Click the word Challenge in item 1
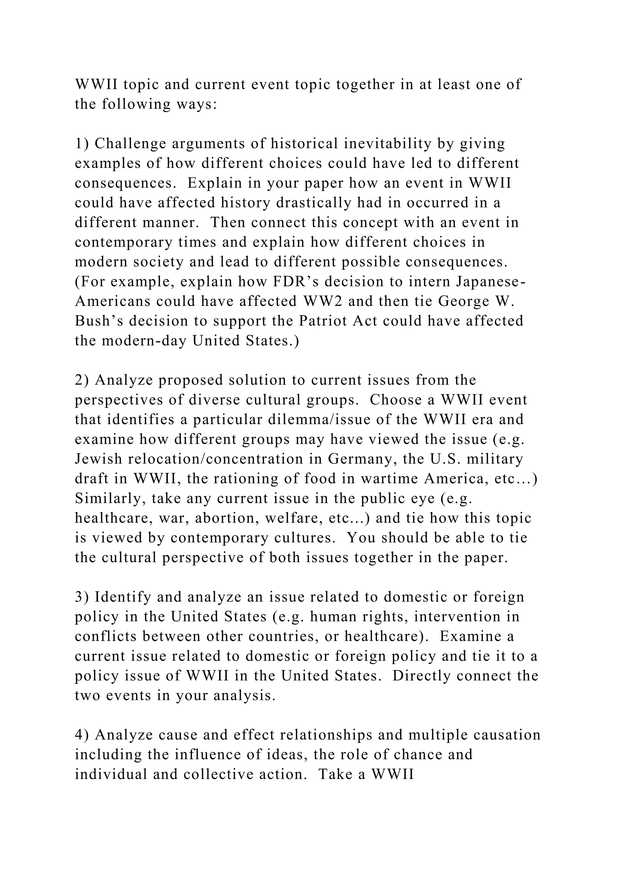pos(129,144)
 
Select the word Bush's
pos(99,321)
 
